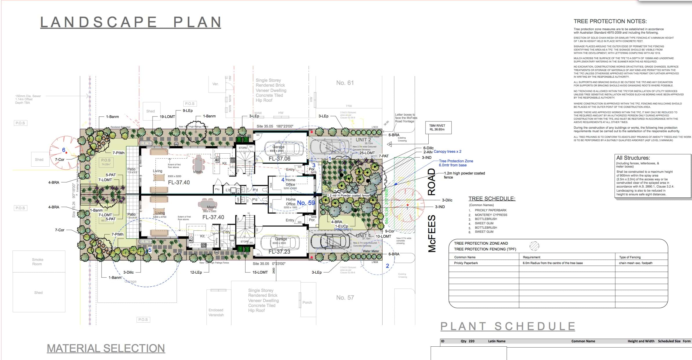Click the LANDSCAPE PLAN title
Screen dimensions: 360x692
coord(131,22)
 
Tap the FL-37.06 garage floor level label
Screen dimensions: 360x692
coord(279,159)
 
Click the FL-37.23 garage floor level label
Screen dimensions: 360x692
coord(279,252)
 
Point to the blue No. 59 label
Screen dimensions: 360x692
coord(306,203)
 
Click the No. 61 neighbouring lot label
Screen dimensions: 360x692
coord(345,83)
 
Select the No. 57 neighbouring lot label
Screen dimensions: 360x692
coord(345,298)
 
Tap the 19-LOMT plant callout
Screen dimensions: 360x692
coord(167,117)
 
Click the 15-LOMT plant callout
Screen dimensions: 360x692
coord(260,272)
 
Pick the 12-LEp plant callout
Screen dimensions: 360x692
coord(196,272)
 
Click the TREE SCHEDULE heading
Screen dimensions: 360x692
coord(492,199)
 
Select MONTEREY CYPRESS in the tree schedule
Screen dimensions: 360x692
coord(491,215)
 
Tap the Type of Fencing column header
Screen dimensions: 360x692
coord(630,257)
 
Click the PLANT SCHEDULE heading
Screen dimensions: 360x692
coord(508,326)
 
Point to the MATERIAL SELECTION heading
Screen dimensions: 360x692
coord(106,348)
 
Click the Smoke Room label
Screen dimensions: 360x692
coord(37,262)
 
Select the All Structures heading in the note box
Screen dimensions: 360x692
coord(633,158)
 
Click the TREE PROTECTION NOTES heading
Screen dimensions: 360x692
coord(610,21)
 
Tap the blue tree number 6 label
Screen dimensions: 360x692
coord(64,150)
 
